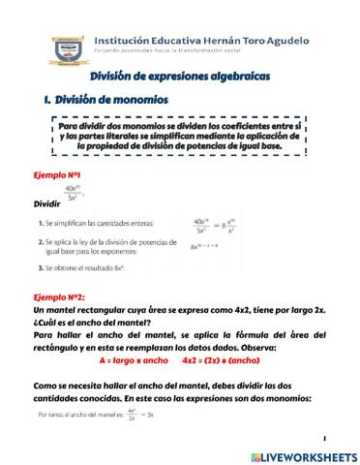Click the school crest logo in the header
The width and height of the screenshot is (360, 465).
coord(66,51)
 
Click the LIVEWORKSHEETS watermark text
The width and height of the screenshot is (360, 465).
coord(306,454)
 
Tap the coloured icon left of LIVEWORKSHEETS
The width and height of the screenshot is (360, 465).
coord(255,454)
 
